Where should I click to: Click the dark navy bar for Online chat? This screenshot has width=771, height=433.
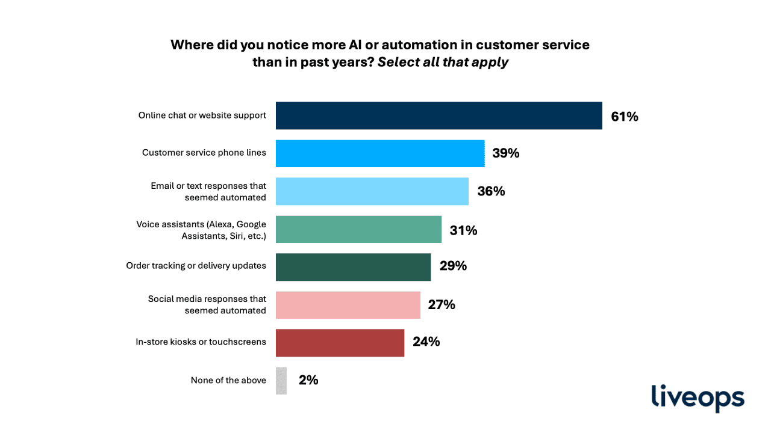pos(439,115)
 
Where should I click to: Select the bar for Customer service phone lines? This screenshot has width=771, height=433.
pos(380,153)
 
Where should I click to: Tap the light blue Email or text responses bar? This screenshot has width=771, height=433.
pos(372,191)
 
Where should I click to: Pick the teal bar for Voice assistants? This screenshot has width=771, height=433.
pos(358,229)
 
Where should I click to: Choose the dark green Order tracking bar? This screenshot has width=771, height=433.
pos(353,267)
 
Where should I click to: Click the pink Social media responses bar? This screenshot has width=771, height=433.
pos(348,305)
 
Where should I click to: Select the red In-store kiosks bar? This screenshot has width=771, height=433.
pos(340,343)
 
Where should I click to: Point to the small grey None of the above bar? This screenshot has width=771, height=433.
pos(281,381)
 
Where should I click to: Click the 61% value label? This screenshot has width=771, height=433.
pos(624,117)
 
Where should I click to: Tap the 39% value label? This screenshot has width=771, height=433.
pos(505,153)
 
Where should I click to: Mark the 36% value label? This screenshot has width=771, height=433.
pos(491,191)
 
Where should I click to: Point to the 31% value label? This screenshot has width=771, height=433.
pos(463,230)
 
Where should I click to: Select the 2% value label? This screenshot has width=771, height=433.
pos(308,380)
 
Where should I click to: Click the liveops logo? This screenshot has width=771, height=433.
pos(698,398)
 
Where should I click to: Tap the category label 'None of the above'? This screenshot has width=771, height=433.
pos(228,380)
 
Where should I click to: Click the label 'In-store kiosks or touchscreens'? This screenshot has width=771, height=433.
pos(201,342)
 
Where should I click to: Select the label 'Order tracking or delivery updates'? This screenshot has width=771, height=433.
pos(196,265)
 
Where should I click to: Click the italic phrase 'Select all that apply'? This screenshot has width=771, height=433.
pos(443,62)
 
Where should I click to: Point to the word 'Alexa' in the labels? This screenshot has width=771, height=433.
pos(221,224)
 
